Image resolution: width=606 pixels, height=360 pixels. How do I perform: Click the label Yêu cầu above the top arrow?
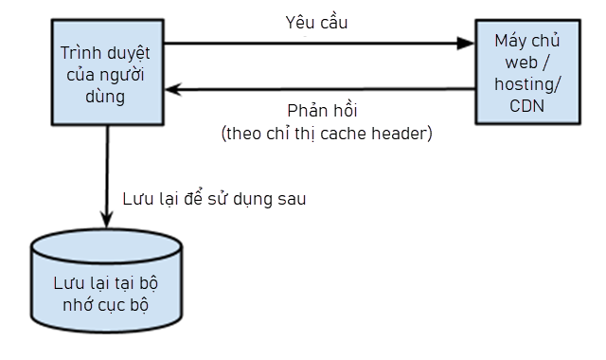[316, 22]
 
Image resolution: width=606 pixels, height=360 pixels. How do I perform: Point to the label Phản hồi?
[323, 110]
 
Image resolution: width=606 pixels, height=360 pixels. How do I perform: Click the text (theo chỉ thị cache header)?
[326, 134]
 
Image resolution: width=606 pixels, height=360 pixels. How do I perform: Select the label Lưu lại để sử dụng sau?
[215, 199]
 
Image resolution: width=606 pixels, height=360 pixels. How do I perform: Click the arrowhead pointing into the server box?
[464, 42]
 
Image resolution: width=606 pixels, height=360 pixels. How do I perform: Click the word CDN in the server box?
[526, 106]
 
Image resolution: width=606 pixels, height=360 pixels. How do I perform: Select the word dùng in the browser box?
[105, 96]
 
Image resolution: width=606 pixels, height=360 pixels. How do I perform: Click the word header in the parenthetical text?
[402, 134]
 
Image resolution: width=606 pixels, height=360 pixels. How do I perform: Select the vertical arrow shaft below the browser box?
[106, 171]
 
